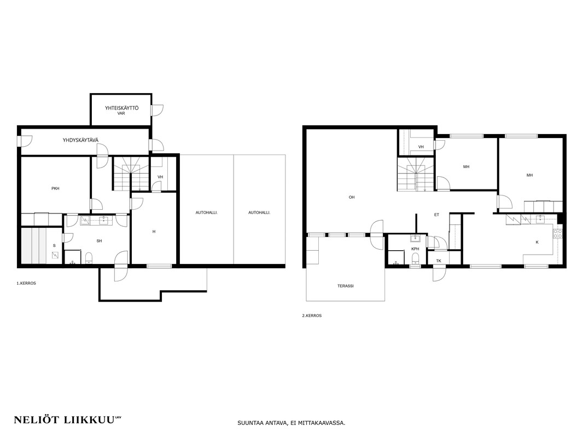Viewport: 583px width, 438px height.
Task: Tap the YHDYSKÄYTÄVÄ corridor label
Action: (x=81, y=140)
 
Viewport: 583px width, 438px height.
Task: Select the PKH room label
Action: (x=55, y=188)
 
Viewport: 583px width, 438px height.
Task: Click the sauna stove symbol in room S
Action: (x=55, y=255)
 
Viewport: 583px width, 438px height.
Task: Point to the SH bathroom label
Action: (x=100, y=241)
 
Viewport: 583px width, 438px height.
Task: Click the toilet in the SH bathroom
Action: (x=89, y=258)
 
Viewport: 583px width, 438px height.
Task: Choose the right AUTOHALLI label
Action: (x=259, y=212)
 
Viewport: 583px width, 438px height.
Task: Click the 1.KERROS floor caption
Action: (x=26, y=283)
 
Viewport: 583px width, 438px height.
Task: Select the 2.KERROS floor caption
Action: (x=312, y=315)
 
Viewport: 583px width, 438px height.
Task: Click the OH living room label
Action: (x=351, y=197)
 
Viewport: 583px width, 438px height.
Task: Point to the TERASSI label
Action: (x=346, y=286)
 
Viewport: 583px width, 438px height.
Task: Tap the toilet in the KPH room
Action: (x=415, y=258)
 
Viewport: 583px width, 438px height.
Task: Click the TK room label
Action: (x=439, y=261)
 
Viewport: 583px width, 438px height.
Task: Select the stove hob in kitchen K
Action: (x=558, y=234)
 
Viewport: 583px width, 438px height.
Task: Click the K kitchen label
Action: (x=537, y=242)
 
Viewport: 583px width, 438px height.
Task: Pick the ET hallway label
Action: (x=436, y=215)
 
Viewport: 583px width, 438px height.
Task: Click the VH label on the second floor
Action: (x=421, y=147)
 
